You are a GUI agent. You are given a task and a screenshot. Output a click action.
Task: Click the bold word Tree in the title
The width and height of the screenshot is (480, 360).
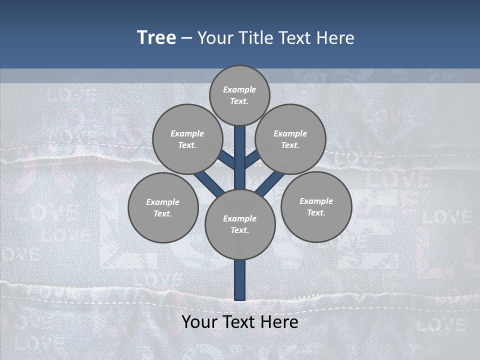156,37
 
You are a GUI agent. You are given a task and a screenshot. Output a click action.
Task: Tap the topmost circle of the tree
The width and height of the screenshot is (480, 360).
239,95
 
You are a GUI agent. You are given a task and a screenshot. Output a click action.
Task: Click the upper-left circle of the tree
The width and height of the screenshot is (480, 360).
187,139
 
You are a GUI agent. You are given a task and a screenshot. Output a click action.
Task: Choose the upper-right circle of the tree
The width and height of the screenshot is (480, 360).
290,139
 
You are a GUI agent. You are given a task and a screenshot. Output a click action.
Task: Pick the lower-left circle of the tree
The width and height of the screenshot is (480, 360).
163,207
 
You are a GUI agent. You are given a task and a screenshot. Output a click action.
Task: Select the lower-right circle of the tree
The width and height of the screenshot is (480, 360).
316,206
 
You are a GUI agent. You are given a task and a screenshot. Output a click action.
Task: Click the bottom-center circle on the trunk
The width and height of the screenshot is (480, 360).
239,224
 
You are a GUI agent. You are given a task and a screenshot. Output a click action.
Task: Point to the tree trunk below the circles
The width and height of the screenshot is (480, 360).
239,280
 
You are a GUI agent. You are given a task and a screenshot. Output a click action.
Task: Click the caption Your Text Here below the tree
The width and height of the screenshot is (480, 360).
239,322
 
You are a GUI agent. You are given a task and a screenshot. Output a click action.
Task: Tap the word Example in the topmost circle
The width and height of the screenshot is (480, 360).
239,89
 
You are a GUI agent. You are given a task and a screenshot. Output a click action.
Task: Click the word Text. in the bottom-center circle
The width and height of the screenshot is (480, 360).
239,230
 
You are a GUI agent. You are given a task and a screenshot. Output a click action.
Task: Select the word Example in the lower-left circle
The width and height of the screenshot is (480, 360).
163,202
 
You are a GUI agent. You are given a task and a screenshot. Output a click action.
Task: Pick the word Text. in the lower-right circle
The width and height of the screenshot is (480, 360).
316,213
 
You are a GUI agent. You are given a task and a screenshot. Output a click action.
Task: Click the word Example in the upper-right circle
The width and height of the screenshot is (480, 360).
290,133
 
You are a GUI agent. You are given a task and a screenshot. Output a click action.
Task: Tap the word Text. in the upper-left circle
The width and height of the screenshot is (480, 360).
187,145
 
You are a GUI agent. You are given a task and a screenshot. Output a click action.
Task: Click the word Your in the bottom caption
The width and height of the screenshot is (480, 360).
197,322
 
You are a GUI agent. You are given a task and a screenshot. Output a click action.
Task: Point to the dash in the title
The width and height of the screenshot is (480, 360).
186,38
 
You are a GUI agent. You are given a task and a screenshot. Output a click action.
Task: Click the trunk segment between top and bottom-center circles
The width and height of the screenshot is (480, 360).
239,157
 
